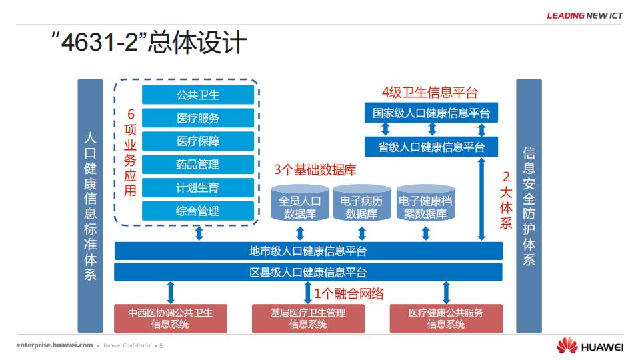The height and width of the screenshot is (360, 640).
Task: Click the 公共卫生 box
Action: pyautogui.click(x=198, y=95)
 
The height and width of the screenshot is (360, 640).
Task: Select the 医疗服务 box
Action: pyautogui.click(x=198, y=118)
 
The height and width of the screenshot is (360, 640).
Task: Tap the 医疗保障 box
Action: pyautogui.click(x=198, y=141)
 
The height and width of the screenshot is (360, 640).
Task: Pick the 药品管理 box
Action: pyautogui.click(x=198, y=165)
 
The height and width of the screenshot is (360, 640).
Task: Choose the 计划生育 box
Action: pyautogui.click(x=198, y=188)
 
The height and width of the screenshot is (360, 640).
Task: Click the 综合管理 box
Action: pyautogui.click(x=198, y=211)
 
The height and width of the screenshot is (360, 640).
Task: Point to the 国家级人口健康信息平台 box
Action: pyautogui.click(x=431, y=113)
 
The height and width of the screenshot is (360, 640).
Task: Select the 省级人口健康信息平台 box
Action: pyautogui.click(x=431, y=147)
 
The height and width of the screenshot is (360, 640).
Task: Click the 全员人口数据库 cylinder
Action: pyautogui.click(x=299, y=206)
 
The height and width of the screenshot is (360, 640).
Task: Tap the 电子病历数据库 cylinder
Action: pyautogui.click(x=361, y=206)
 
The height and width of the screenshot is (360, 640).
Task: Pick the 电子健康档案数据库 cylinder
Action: pyautogui.click(x=425, y=206)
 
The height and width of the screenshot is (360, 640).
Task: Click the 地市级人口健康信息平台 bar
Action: pyautogui.click(x=308, y=251)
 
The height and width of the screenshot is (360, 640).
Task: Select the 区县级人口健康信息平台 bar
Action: pyautogui.click(x=308, y=273)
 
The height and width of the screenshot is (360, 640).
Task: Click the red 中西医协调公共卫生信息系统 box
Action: pyautogui.click(x=170, y=319)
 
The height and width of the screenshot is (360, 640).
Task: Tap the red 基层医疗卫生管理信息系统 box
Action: pyautogui.click(x=308, y=319)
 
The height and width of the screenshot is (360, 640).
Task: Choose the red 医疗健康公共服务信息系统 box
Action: pyautogui.click(x=446, y=319)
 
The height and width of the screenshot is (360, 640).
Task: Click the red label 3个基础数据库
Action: pyautogui.click(x=315, y=170)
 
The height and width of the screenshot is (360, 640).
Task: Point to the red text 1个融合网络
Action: pyautogui.click(x=349, y=293)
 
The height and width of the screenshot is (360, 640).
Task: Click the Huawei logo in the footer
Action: pyautogui.click(x=589, y=346)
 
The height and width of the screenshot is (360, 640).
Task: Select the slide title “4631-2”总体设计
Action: pyautogui.click(x=149, y=45)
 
